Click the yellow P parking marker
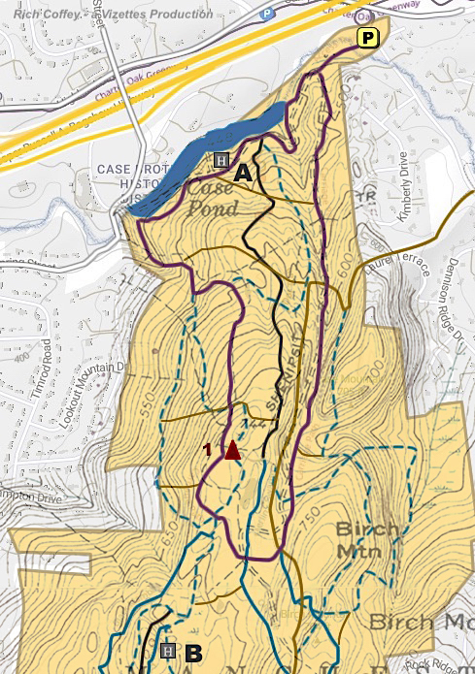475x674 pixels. [368, 38]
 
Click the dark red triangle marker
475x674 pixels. [231, 449]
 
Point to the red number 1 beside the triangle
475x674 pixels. [207, 449]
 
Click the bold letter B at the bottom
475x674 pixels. [192, 652]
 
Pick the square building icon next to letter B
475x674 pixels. [168, 650]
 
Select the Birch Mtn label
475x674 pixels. [367, 539]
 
